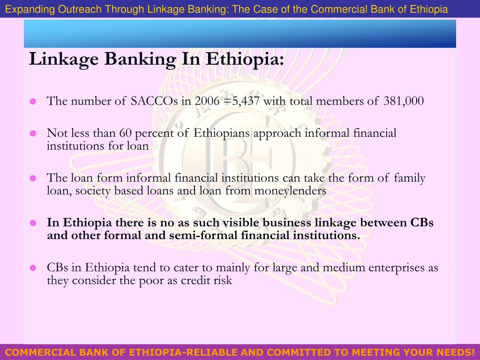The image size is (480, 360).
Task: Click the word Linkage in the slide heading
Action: [63, 60]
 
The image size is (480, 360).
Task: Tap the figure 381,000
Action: [404, 101]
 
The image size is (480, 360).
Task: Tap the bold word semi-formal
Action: [202, 235]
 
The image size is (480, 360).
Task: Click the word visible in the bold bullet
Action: [237, 222]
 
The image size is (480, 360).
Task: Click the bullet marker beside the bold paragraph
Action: [33, 223]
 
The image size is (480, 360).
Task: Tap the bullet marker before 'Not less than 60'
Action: [33, 134]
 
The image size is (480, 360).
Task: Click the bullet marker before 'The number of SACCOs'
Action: [33, 102]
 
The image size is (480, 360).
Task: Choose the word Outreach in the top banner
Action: [77, 9]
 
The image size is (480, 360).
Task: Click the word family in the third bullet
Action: [409, 178]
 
